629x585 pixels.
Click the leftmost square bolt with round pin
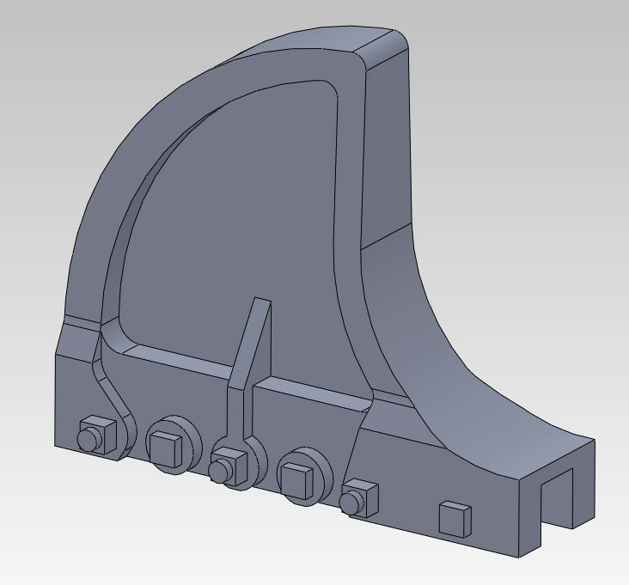click(x=96, y=434)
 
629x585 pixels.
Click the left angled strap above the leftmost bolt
click(x=110, y=378)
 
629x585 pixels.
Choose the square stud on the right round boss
click(x=296, y=477)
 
